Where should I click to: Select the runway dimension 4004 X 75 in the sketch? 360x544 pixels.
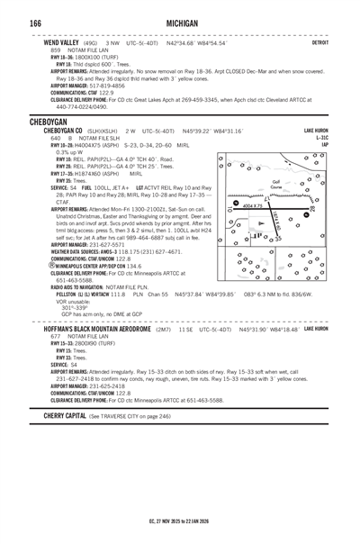pyautogui.click(x=254, y=206)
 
